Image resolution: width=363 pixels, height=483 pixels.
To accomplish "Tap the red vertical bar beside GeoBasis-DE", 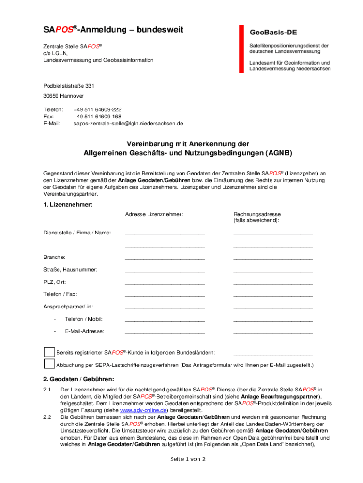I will pyautogui.click(x=241, y=49).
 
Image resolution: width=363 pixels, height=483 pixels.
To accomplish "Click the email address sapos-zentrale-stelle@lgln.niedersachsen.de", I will pyautogui.click(x=128, y=124).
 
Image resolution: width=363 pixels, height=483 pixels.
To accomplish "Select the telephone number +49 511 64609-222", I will pyautogui.click(x=98, y=109).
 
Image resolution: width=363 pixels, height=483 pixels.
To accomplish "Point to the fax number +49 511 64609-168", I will pyautogui.click(x=98, y=117).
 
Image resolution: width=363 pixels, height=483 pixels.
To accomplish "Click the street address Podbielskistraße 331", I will pyautogui.click(x=69, y=86).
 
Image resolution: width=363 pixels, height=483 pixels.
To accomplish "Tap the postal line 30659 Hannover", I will pyautogui.click(x=64, y=96).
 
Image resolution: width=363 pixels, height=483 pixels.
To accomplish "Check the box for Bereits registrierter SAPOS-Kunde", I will pyautogui.click(x=49, y=352).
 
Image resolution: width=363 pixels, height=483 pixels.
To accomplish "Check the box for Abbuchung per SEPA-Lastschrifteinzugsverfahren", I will pyautogui.click(x=49, y=364).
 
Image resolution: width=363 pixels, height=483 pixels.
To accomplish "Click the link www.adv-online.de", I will pyautogui.click(x=144, y=411).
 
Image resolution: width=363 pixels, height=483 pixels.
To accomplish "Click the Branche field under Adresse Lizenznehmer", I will pyautogui.click(x=165, y=258).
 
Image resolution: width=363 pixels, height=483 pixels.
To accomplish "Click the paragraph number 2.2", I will pyautogui.click(x=47, y=417).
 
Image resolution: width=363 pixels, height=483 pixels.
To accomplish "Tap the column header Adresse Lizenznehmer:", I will pyautogui.click(x=154, y=215).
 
